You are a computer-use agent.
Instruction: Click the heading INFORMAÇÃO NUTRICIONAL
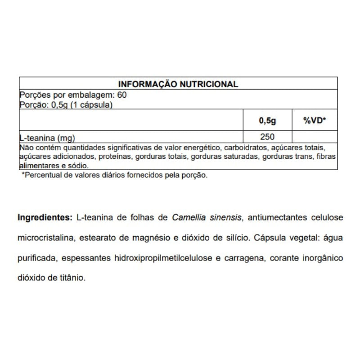[x=178, y=84]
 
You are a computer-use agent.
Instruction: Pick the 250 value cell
[x=267, y=137]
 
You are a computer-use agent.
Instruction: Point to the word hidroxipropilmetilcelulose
[x=173, y=258]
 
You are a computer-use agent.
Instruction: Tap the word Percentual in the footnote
[x=43, y=175]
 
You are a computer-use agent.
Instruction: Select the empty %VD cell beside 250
[x=315, y=137]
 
